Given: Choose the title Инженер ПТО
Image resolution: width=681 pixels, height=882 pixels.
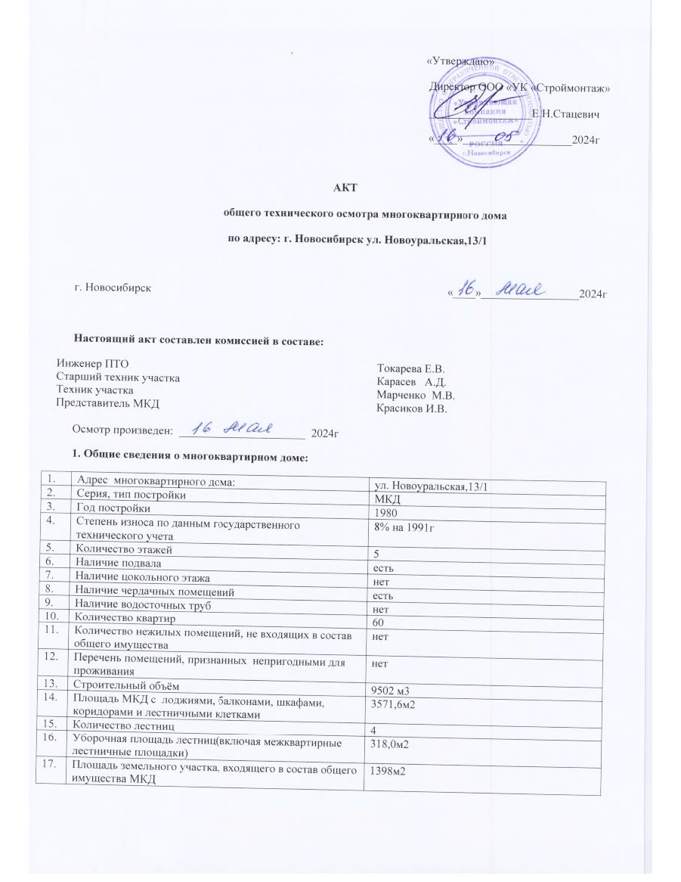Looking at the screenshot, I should pyautogui.click(x=89, y=363).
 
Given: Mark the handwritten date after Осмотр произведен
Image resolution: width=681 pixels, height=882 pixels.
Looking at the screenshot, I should pyautogui.click(x=230, y=429).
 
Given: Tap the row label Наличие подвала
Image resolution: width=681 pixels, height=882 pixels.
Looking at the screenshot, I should pyautogui.click(x=115, y=562).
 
